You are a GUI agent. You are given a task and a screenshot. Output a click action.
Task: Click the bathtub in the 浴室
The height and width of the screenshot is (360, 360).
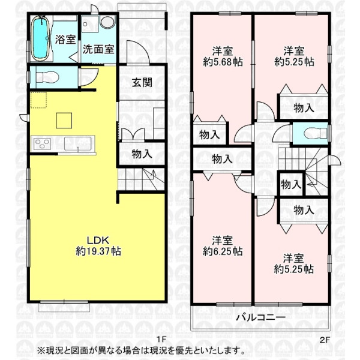click(x=41, y=38)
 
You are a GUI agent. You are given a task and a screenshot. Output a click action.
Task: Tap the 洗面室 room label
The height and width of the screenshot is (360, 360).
click(x=98, y=49)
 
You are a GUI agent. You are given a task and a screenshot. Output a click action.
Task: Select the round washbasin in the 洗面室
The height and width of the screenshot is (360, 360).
click(x=107, y=22)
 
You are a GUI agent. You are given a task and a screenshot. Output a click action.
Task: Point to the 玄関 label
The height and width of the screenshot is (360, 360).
click(x=142, y=83)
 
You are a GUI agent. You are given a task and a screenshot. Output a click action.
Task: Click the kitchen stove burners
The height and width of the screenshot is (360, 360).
click(x=41, y=144)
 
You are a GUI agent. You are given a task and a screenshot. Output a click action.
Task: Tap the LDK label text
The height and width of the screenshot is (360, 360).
click(x=98, y=240)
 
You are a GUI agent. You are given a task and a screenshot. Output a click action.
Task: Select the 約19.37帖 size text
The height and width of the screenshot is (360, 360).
click(x=98, y=251)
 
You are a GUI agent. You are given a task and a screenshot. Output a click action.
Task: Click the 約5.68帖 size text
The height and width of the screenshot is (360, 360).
click(x=223, y=62)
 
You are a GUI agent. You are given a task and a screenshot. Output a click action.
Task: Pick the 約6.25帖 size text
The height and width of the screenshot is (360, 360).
click(x=223, y=251)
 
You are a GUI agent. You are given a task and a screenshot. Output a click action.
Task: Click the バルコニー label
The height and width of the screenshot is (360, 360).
click(x=261, y=317)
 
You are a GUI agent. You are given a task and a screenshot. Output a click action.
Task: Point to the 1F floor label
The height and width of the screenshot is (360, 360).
click(x=161, y=340)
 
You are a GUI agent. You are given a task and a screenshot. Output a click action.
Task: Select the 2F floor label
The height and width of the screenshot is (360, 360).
click(x=325, y=340)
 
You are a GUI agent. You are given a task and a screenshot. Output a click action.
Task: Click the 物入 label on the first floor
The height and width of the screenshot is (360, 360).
click(x=142, y=154)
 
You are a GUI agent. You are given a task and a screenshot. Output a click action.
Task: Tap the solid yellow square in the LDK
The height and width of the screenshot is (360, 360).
click(x=64, y=121)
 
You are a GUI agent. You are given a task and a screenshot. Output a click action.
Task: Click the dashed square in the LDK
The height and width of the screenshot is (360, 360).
click(x=39, y=100)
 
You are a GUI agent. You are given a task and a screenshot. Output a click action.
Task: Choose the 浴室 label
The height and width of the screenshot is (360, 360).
click(x=65, y=40)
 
